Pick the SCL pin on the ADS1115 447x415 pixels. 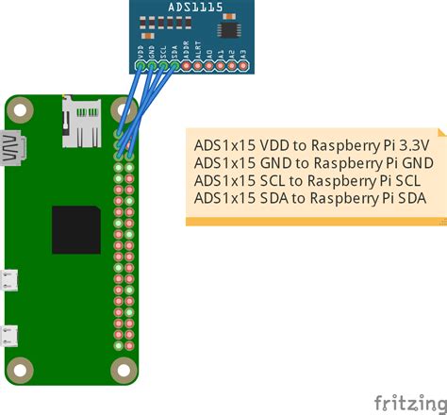(164, 66)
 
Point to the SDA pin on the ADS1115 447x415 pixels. (175, 66)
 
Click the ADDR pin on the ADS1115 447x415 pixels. (187, 66)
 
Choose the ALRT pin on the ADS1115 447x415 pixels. (198, 66)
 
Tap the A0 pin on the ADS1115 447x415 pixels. (209, 66)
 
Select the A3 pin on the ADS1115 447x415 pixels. (243, 66)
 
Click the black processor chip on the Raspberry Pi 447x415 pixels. (76, 229)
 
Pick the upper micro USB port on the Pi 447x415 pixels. (11, 280)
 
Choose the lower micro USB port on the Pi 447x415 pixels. (11, 336)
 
